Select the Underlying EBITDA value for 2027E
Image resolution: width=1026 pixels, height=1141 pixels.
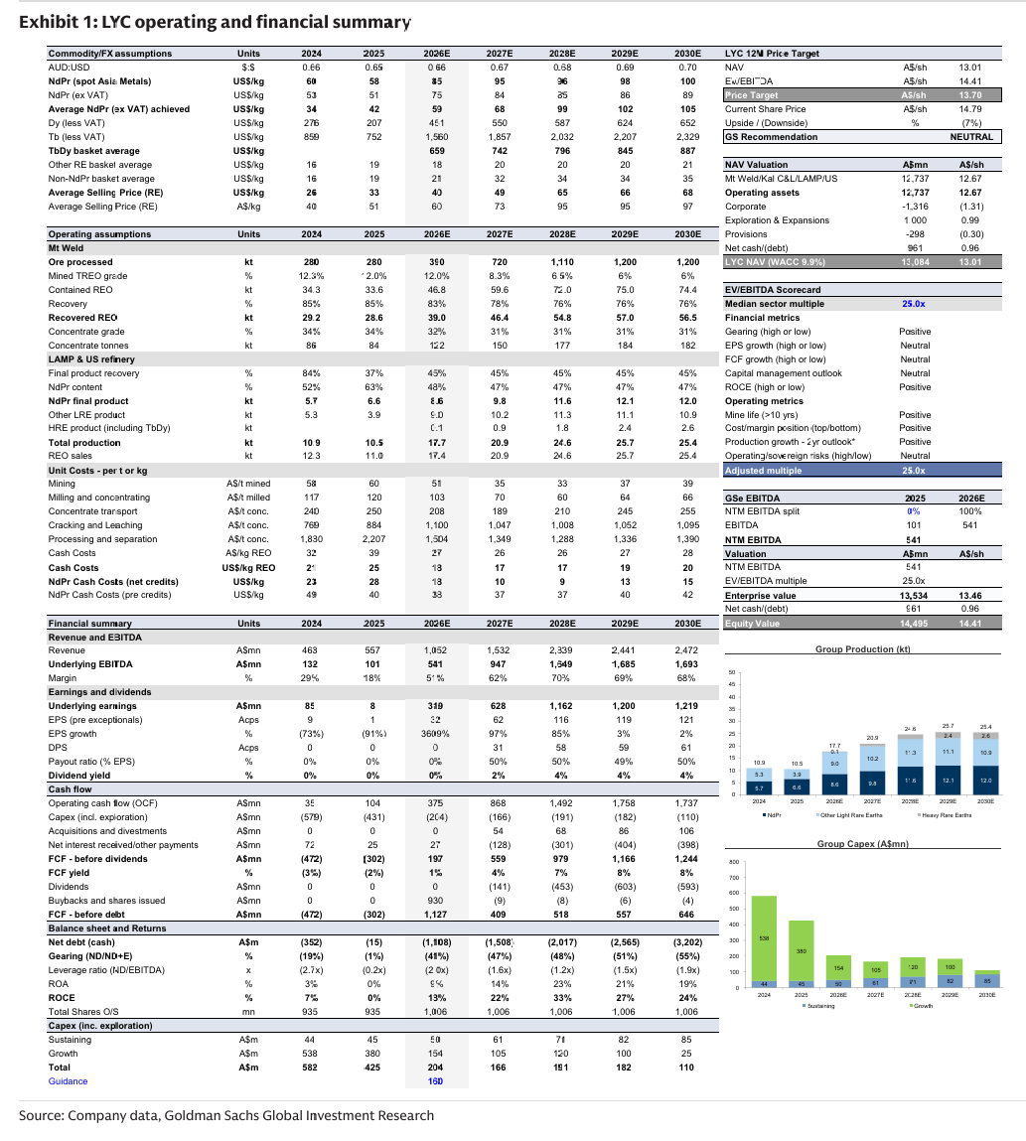point(500,663)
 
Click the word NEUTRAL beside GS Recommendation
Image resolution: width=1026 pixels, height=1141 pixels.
point(972,136)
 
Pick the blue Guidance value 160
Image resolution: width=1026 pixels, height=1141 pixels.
point(436,1080)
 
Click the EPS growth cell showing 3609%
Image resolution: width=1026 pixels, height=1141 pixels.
point(436,733)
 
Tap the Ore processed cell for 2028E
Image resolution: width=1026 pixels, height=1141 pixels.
point(562,261)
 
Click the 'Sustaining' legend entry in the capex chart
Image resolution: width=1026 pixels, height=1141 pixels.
point(820,1006)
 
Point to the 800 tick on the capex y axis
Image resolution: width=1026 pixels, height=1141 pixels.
point(734,862)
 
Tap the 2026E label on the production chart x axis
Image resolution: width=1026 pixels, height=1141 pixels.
point(835,800)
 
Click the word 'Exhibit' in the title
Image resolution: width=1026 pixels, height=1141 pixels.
point(47,21)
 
